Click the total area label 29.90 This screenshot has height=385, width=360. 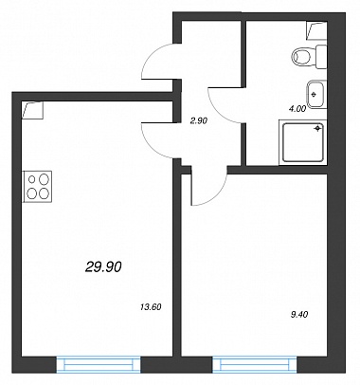[x=103, y=267]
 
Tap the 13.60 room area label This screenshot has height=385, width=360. [x=151, y=306]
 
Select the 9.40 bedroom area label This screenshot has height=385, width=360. [x=299, y=314]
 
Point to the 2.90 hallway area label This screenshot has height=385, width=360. [x=199, y=120]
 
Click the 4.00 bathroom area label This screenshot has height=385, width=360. [x=297, y=109]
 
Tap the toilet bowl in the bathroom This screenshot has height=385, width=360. [x=309, y=57]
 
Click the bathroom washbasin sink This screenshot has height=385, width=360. [x=316, y=94]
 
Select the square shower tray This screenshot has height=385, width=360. [x=303, y=142]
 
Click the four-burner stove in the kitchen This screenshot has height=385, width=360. [x=37, y=187]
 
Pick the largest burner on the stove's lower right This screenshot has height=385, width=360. [x=44, y=192]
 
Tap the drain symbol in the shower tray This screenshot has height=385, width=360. [x=318, y=128]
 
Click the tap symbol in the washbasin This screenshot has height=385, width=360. [x=314, y=94]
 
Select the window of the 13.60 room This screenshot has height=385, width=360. [x=99, y=364]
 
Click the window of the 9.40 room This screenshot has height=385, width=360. [x=255, y=364]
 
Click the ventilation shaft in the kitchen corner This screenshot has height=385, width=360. [x=32, y=110]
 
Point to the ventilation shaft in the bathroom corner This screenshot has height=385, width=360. [x=316, y=30]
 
